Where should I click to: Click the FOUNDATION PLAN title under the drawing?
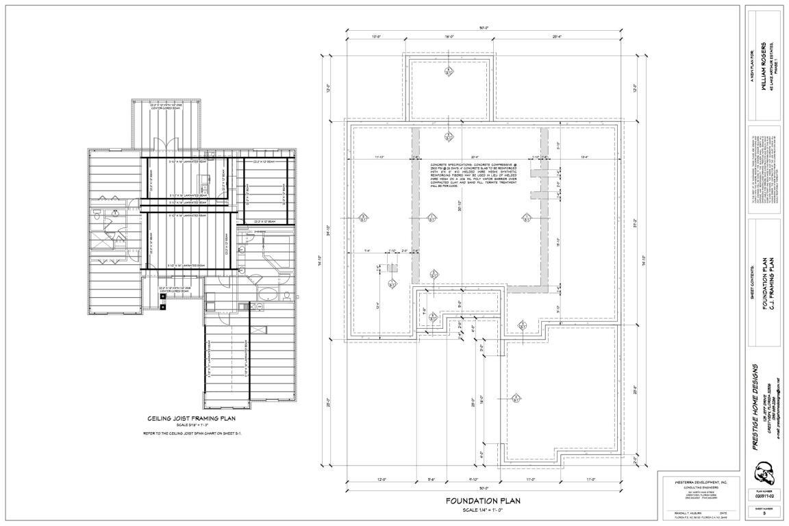click(483, 501)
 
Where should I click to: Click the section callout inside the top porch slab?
click(448, 71)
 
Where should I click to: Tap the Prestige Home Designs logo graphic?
click(763, 473)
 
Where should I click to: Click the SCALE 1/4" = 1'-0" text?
click(483, 510)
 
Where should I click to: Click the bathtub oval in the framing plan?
click(268, 297)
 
